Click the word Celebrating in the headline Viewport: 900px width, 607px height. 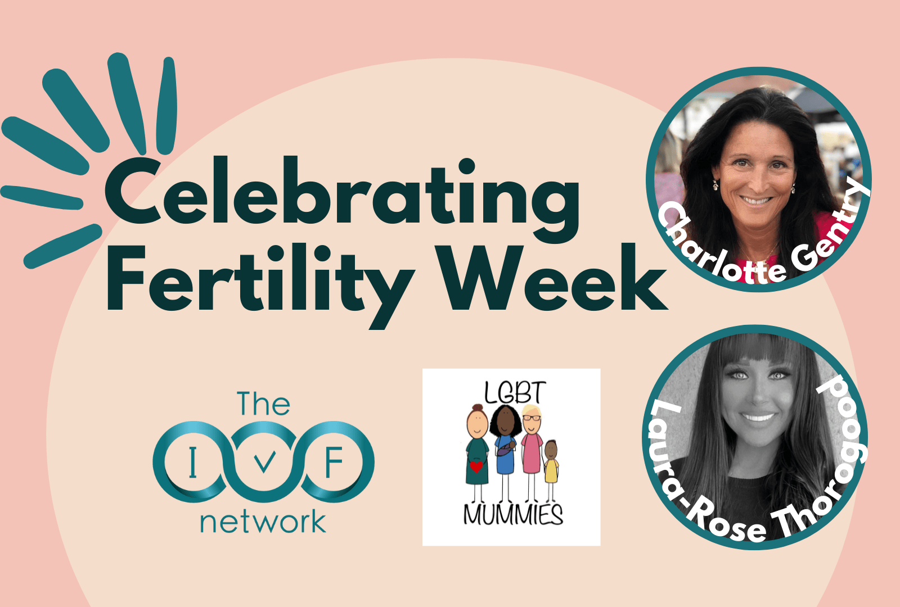point(341,200)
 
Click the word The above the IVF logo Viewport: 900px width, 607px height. point(263,403)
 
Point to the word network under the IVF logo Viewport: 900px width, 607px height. point(263,522)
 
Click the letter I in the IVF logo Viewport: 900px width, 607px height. point(193,461)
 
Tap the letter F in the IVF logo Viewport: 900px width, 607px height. point(334,461)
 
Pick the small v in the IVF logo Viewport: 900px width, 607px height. point(264,462)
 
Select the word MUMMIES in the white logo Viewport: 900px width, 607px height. point(513,514)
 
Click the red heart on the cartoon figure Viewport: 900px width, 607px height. point(476,466)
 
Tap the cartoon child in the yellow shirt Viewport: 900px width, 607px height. point(551,470)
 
